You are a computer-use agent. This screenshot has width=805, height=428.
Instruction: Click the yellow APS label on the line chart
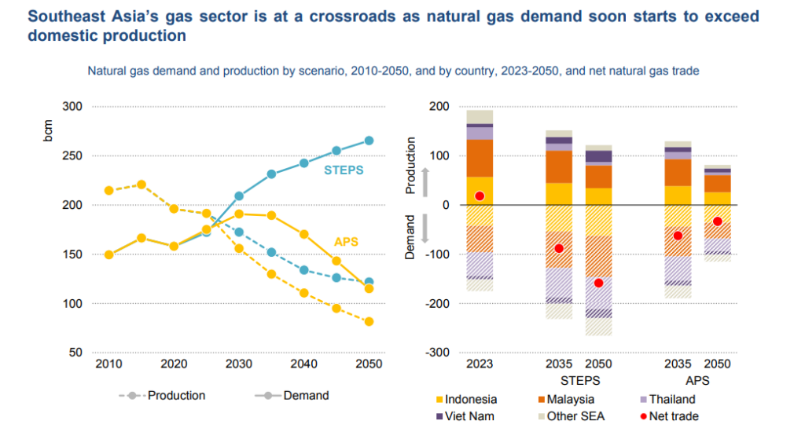tap(345, 242)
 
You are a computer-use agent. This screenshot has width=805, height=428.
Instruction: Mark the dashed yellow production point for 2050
tap(369, 321)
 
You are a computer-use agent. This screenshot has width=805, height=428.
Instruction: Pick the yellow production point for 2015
tap(142, 185)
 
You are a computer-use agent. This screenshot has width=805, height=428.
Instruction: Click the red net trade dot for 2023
tap(480, 196)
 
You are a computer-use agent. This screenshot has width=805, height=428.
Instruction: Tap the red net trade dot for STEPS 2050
tap(598, 283)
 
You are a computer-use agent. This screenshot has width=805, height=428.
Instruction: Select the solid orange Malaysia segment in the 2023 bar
tap(480, 158)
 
